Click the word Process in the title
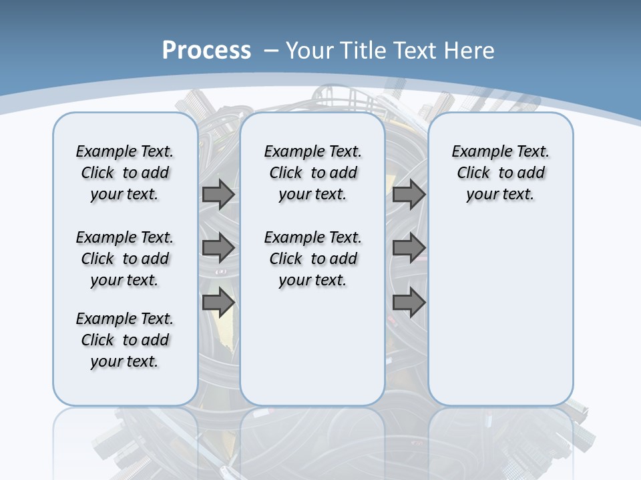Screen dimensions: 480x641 [x=206, y=50]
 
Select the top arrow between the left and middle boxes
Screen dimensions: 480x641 [x=218, y=195]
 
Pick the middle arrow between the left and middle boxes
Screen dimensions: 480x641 [x=218, y=248]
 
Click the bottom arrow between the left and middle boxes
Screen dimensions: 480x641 [x=218, y=302]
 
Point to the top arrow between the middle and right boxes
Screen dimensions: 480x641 [x=409, y=195]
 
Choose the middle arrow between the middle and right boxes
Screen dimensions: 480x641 [x=409, y=248]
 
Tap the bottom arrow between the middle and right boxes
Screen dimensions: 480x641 [x=409, y=302]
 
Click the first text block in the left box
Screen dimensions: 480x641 [x=125, y=173]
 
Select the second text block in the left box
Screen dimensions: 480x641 [x=125, y=259]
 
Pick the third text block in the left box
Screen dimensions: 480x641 [x=125, y=340]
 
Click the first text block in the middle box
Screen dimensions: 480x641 [x=313, y=173]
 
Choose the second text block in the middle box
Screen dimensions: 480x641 [x=313, y=259]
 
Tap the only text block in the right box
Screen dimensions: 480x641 [x=501, y=173]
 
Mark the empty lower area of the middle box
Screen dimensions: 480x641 [x=313, y=347]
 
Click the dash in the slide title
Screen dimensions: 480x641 [x=271, y=50]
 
